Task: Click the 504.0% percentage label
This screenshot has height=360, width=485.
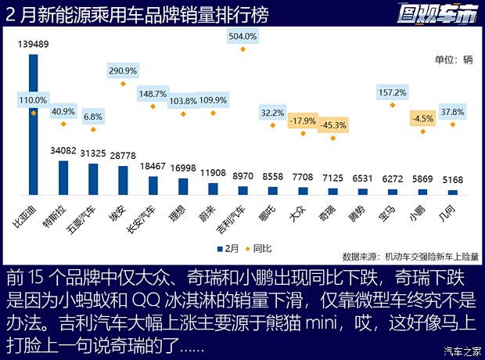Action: click(x=242, y=36)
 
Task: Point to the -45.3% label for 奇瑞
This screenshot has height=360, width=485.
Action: click(x=333, y=124)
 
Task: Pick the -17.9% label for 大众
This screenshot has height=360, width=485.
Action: click(x=303, y=121)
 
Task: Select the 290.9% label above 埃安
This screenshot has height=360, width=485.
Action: click(x=123, y=70)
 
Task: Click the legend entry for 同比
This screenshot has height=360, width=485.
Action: click(x=260, y=248)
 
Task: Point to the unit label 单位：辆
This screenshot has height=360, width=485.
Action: click(x=454, y=59)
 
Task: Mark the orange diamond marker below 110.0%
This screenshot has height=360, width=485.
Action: click(x=34, y=113)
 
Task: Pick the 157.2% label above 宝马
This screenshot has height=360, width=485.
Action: click(x=392, y=92)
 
